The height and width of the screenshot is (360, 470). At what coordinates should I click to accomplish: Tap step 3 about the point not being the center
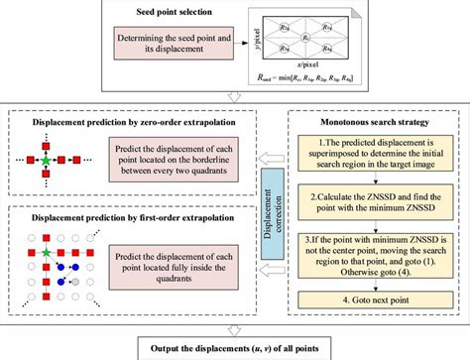point(372,254)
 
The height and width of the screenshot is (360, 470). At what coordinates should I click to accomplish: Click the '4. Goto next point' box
point(372,299)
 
